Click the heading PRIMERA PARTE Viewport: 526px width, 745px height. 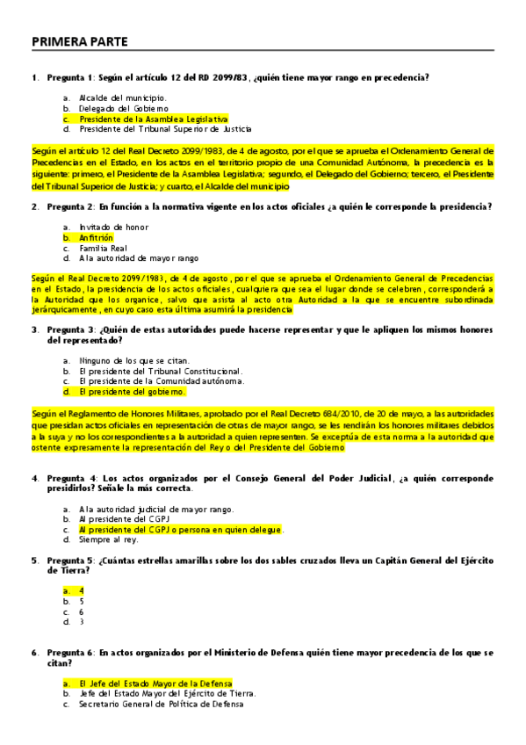pyautogui.click(x=79, y=41)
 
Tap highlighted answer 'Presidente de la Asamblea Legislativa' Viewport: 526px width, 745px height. pyautogui.click(x=153, y=119)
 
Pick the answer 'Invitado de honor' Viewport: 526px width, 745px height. pyautogui.click(x=113, y=227)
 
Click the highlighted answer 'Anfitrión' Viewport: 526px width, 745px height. pyautogui.click(x=96, y=237)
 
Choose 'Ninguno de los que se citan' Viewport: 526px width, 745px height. pyautogui.click(x=133, y=360)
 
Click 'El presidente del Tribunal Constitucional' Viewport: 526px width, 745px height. pyautogui.click(x=160, y=371)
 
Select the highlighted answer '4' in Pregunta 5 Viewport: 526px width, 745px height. pyautogui.click(x=82, y=590)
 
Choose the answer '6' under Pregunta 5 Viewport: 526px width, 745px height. pyautogui.click(x=82, y=611)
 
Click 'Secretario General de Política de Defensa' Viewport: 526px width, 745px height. pyautogui.click(x=161, y=704)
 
